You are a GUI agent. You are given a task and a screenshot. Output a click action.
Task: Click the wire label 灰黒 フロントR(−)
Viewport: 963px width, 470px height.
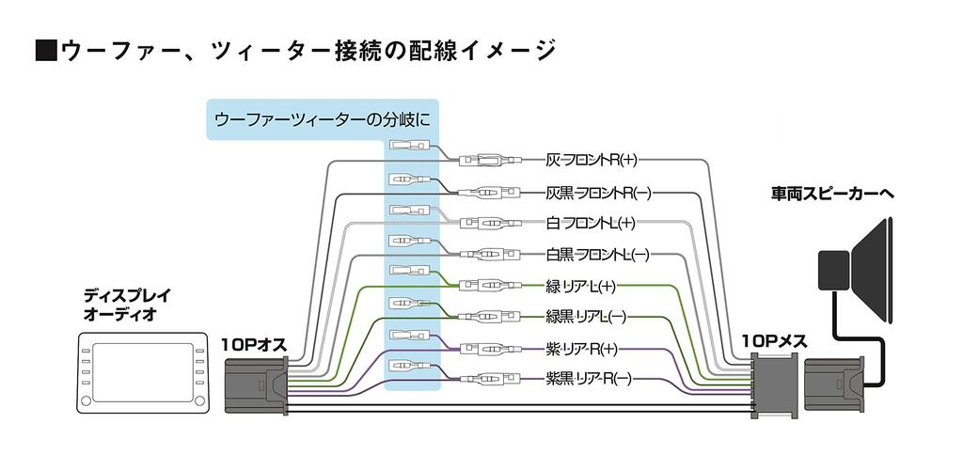click(x=598, y=194)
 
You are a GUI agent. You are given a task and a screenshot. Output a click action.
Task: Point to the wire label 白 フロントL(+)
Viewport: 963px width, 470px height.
click(x=591, y=224)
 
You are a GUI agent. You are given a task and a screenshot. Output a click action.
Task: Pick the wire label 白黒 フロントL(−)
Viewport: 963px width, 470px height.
click(x=597, y=254)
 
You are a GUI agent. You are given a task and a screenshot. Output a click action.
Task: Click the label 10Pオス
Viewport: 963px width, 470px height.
click(x=253, y=342)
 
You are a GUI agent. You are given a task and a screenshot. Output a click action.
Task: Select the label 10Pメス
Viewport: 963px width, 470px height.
click(x=774, y=341)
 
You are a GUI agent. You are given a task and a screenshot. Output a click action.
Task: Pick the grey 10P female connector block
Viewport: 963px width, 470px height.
click(x=772, y=385)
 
